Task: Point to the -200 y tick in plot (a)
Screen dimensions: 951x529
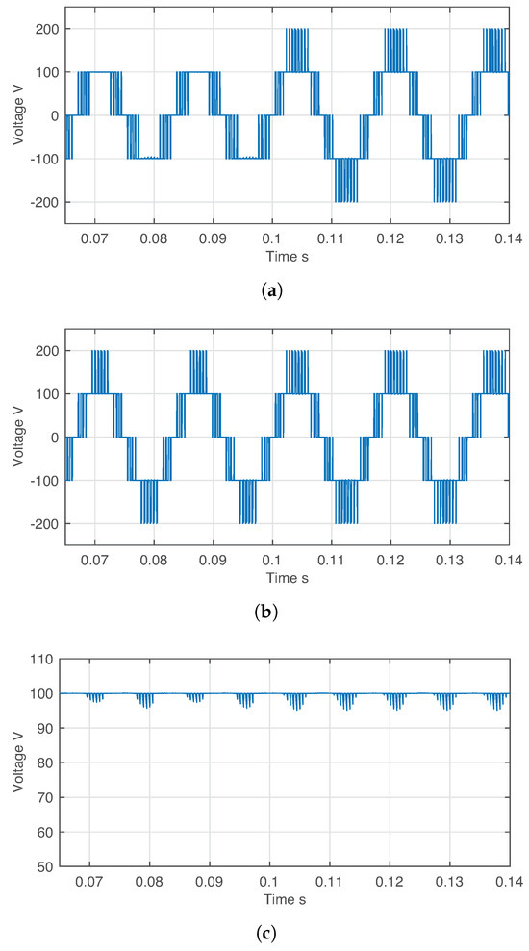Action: point(42,202)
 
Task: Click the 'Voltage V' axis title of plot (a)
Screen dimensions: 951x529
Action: point(16,115)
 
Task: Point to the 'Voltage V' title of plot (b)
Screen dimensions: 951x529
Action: point(16,438)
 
